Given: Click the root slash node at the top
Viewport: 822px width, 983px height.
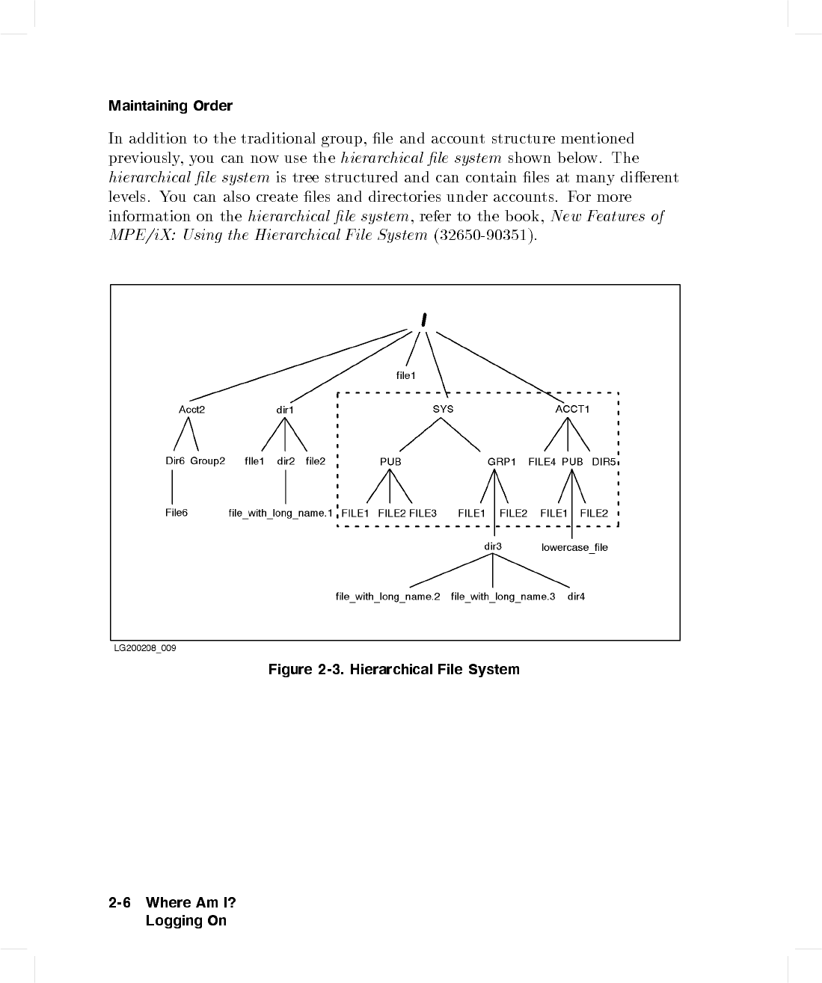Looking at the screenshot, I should [423, 320].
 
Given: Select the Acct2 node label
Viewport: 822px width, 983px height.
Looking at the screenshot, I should [191, 409].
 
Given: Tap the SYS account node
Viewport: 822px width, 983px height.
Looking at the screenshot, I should [443, 409].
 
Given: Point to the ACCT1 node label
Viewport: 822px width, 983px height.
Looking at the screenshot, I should [572, 409].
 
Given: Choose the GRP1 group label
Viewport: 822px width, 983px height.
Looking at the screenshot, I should [502, 461].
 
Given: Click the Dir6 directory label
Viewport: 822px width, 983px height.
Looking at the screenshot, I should [175, 460].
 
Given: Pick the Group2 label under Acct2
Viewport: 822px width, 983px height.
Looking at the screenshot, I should [207, 460].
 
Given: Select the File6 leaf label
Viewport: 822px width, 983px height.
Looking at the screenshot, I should [177, 512].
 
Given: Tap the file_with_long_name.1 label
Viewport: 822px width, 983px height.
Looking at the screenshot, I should [280, 513].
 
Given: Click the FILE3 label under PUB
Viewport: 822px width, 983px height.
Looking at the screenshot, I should [423, 513].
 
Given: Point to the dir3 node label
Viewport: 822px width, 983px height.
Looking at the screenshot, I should [493, 546].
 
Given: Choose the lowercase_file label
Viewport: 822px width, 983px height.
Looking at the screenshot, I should [574, 548].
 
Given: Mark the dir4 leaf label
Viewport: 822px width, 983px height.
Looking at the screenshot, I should [576, 597].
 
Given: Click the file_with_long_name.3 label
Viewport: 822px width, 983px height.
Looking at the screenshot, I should [503, 597].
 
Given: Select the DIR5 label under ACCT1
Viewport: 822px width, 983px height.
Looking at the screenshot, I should [604, 461].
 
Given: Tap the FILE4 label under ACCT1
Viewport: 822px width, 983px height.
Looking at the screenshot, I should [542, 461].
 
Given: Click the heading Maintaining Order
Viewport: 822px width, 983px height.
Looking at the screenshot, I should [171, 106].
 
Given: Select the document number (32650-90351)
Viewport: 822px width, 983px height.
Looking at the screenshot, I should [485, 235].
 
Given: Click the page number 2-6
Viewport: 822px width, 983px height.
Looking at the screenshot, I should [120, 902].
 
